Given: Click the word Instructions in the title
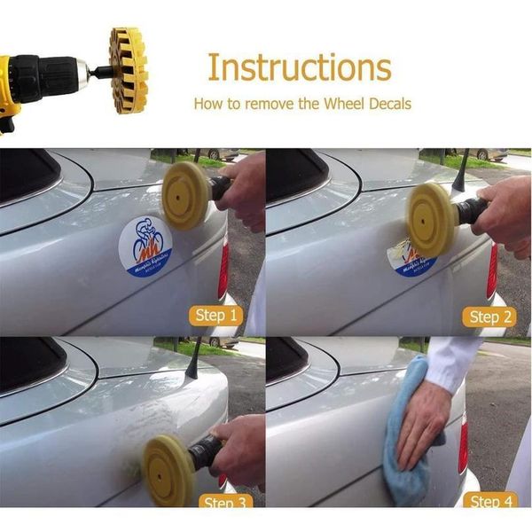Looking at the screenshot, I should pyautogui.click(x=299, y=67).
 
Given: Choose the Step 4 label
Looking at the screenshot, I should pyautogui.click(x=485, y=502).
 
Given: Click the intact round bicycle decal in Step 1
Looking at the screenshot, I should pyautogui.click(x=145, y=246).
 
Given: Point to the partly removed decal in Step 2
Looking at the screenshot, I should pyautogui.click(x=411, y=256).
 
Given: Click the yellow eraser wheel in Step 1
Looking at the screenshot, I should pyautogui.click(x=186, y=195).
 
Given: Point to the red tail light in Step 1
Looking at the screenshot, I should pyautogui.click(x=223, y=267).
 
